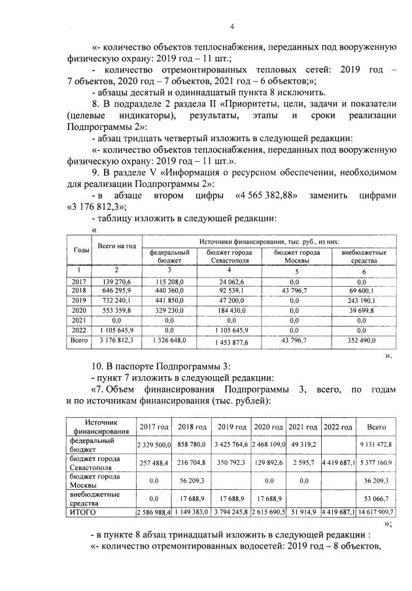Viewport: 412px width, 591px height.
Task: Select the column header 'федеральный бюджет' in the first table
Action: pos(169,255)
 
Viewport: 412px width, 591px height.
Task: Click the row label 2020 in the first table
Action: pos(81,310)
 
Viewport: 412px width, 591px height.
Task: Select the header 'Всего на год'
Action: pos(116,246)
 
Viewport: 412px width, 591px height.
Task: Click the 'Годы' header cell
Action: pos(81,251)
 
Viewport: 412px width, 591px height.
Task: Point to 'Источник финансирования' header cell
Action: pos(100,426)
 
